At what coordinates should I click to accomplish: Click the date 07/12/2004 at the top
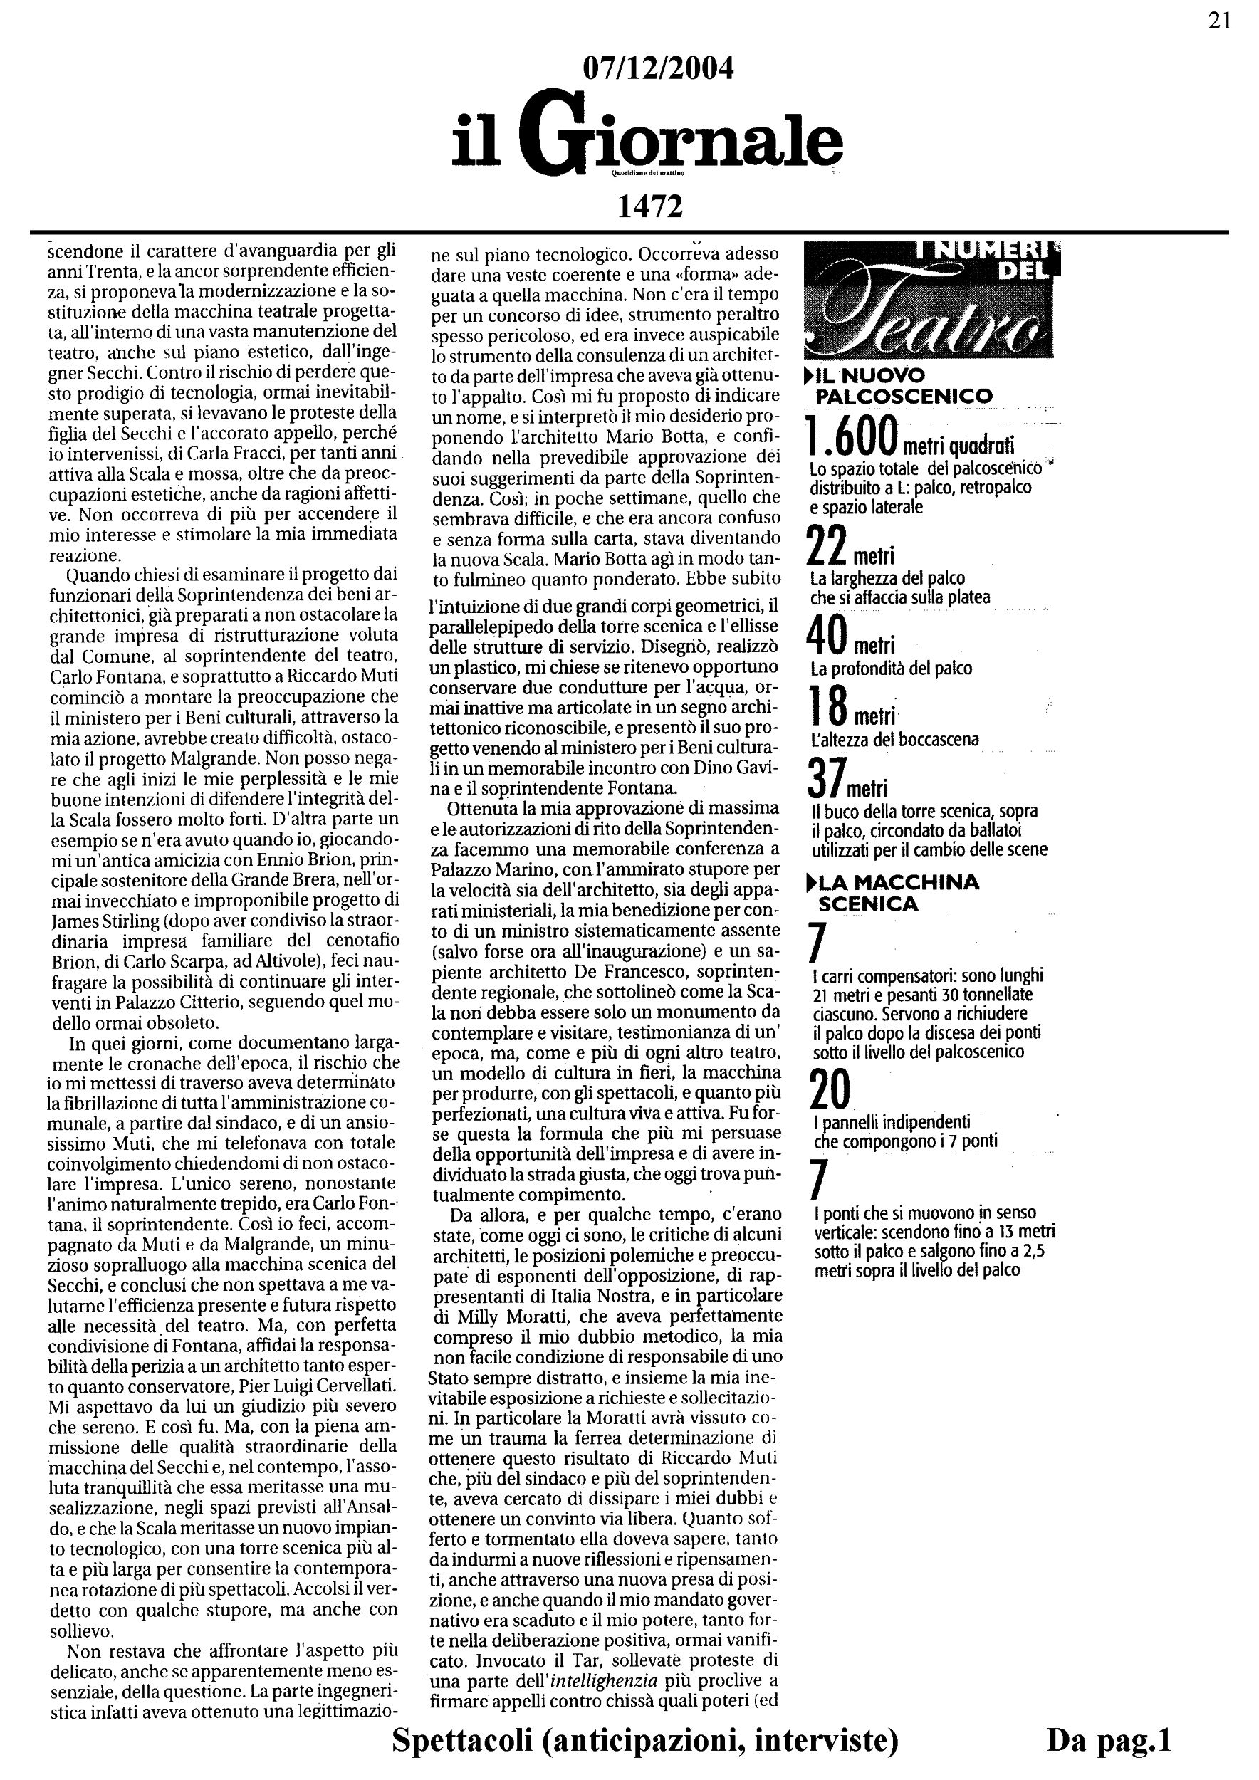[x=657, y=70]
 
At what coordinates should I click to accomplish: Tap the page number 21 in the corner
[x=1219, y=21]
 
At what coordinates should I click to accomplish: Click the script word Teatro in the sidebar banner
[x=923, y=323]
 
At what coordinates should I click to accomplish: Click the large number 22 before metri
[x=827, y=548]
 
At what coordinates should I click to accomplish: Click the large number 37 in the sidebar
[x=824, y=778]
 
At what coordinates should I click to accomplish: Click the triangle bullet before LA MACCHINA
[x=811, y=882]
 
